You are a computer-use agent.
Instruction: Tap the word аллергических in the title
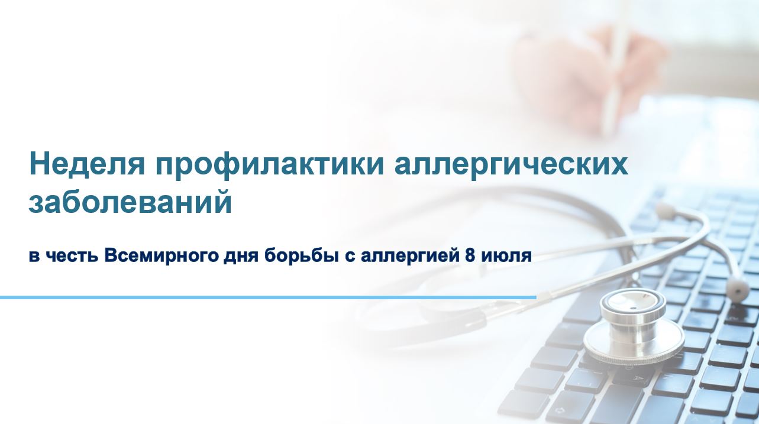click(511, 167)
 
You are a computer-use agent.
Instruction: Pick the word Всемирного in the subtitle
click(162, 257)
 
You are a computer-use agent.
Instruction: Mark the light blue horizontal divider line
click(268, 297)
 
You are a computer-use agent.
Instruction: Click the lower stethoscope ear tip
click(738, 288)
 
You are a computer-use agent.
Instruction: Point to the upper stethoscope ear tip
click(665, 211)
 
